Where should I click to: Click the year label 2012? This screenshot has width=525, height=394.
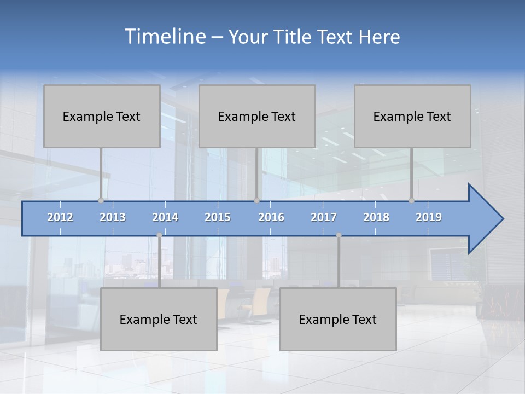coord(60,217)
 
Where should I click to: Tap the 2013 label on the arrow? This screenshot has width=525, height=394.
coord(113,217)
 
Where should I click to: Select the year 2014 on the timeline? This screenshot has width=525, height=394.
coord(165,217)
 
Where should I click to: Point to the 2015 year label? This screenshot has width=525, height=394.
coord(218,217)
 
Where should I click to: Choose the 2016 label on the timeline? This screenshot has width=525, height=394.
coord(271,217)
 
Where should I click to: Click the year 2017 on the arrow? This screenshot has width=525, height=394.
coord(324,217)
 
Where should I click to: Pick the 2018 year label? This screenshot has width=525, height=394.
coord(376,217)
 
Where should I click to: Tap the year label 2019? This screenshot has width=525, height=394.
coord(429,217)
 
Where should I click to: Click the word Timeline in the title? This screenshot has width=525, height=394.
coord(164,37)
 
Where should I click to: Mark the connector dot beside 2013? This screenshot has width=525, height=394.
coord(101,201)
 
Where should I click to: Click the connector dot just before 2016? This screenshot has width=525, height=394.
coord(256,201)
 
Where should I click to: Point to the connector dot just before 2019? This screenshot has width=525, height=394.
coord(411,201)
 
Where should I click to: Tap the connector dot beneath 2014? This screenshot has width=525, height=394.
coord(159,235)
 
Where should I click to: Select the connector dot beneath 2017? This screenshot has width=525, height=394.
coord(339,235)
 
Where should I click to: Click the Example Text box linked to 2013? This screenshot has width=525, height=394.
coord(102,116)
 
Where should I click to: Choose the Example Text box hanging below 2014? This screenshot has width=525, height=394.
coord(159,319)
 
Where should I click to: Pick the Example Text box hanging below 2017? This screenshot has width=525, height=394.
coord(338,319)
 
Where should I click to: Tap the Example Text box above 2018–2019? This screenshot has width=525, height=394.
coord(412,116)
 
